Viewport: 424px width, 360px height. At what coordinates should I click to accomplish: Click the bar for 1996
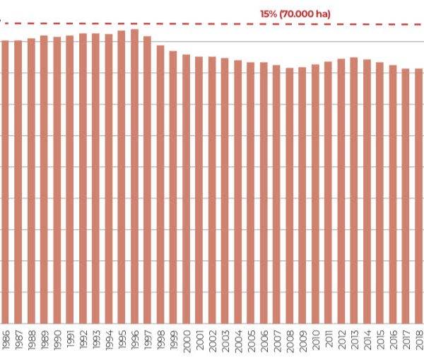tap(134, 177)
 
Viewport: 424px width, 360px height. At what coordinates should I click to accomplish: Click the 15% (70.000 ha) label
tap(295, 13)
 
